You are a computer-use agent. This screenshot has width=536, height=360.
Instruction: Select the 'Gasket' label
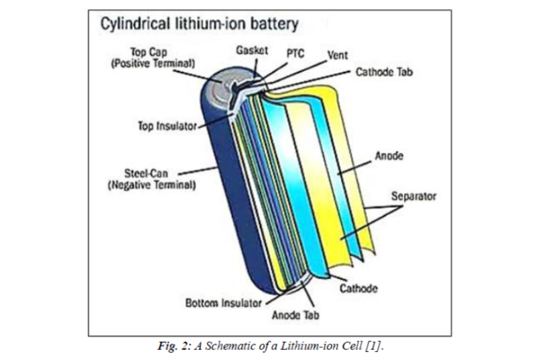tap(252, 50)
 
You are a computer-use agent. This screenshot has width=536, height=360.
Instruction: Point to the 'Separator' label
tap(413, 197)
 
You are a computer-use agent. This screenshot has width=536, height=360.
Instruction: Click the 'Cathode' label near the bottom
tap(358, 289)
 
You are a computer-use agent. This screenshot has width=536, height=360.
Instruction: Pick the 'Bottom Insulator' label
tap(222, 303)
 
